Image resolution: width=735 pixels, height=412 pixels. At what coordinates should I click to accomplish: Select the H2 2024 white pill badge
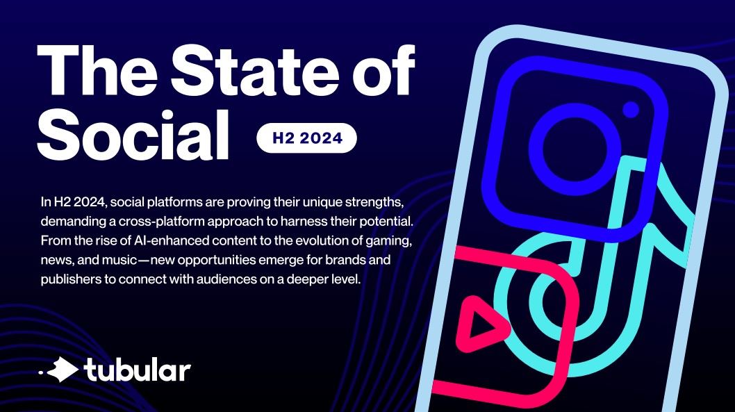tap(306, 138)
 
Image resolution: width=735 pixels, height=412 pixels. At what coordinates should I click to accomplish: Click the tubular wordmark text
tap(137, 369)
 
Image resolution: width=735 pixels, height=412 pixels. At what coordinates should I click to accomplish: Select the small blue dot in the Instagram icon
tap(630, 109)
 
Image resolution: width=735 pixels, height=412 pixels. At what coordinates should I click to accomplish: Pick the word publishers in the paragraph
tap(72, 279)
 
